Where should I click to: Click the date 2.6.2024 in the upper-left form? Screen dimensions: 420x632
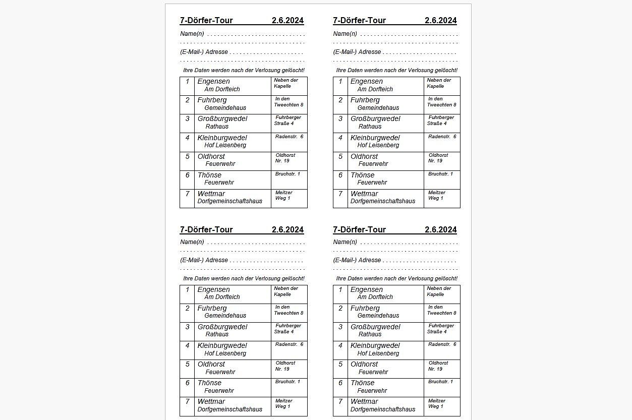288,21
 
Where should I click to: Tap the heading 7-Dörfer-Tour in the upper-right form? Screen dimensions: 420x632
359,21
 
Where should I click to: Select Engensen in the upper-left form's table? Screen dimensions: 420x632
213,82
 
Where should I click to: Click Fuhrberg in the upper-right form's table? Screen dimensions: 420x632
365,100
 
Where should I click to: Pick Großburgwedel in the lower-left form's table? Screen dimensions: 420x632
222,327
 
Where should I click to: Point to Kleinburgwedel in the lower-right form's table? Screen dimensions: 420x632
375,346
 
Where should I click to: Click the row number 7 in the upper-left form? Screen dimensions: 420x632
187,194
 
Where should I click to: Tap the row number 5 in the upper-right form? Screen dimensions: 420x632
340,156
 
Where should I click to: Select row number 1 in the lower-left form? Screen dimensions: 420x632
187,290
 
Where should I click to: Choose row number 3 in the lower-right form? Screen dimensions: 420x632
340,327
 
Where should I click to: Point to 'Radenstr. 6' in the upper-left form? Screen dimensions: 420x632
289,137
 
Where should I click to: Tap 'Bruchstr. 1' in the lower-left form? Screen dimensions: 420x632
288,382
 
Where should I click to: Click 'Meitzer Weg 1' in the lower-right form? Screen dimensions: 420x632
436,403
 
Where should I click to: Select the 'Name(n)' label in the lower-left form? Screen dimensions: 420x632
192,243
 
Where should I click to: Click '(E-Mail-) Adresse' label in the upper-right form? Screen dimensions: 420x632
357,52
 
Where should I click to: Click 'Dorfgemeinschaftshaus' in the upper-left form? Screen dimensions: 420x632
230,201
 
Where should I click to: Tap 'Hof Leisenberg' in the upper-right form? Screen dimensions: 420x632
378,145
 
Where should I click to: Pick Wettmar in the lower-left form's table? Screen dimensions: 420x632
211,402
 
